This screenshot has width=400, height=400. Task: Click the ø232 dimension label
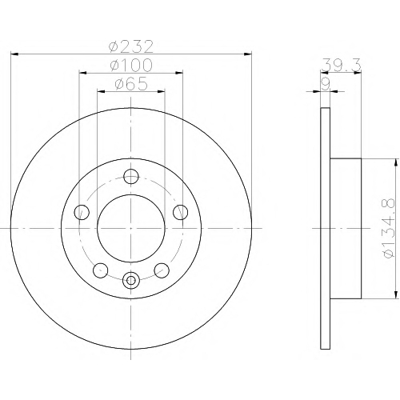point(131,46)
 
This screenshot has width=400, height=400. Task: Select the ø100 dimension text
point(131,65)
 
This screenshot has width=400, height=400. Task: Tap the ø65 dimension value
point(131,84)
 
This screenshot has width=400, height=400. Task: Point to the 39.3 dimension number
point(342,65)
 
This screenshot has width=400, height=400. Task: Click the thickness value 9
point(326,84)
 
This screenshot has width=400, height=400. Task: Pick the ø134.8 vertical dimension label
point(388,228)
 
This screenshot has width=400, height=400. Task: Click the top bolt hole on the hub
point(131,176)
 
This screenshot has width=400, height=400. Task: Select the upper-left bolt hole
point(82,212)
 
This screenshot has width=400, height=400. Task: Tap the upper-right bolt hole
point(180,212)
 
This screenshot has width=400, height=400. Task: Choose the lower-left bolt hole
point(101,270)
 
